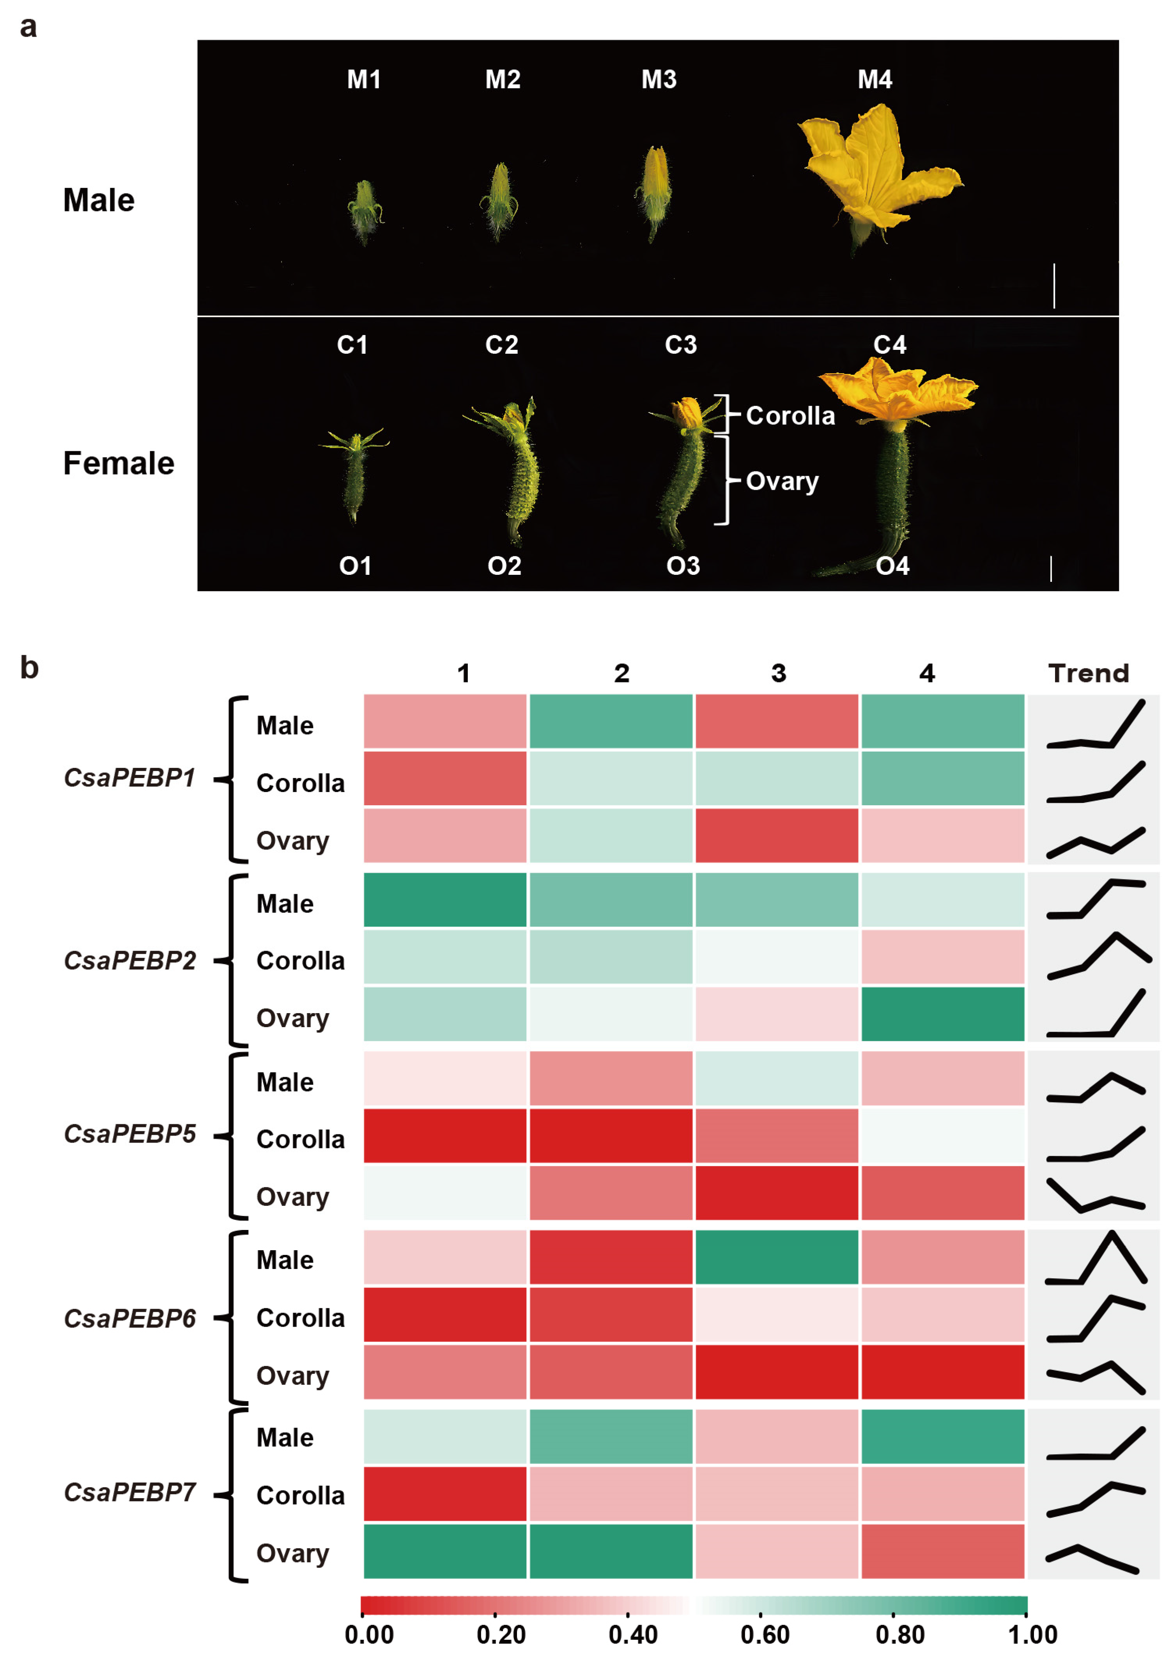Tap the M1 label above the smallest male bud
click(364, 80)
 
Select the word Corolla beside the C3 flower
click(790, 416)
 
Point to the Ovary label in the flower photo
click(782, 481)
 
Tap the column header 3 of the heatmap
click(778, 673)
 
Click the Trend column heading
click(1088, 673)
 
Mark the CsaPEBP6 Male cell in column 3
click(777, 1257)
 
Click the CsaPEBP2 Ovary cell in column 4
click(942, 1014)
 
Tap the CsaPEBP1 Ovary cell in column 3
click(777, 835)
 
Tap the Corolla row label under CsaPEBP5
click(300, 1139)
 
